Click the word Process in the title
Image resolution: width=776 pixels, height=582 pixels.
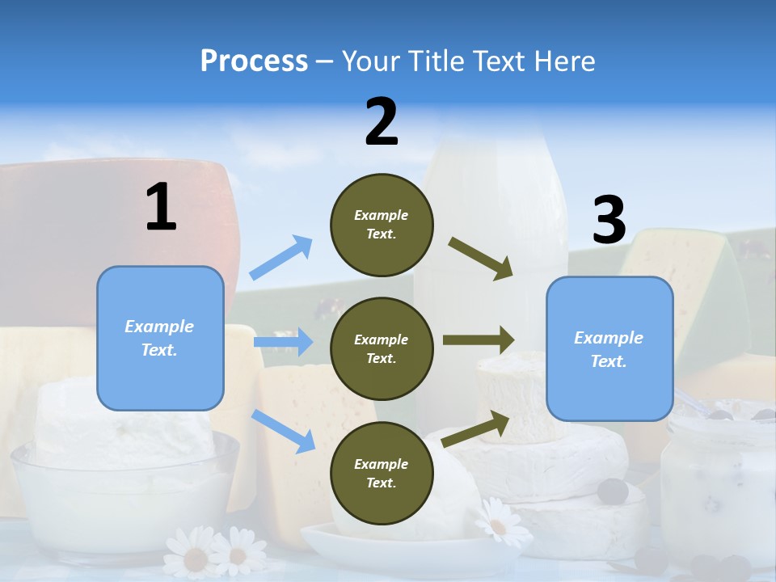tap(254, 61)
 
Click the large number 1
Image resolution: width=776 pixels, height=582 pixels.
tap(161, 207)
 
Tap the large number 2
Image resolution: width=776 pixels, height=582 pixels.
tap(382, 122)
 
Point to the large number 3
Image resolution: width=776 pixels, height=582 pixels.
tap(609, 221)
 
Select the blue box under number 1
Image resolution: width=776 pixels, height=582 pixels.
tap(160, 338)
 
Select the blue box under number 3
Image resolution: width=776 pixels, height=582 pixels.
tap(609, 349)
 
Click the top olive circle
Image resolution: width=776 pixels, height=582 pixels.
tap(382, 225)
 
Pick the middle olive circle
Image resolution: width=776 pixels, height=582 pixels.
tap(382, 348)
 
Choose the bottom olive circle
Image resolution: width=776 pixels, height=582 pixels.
tap(382, 473)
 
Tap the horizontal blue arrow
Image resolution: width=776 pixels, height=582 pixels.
tap(283, 342)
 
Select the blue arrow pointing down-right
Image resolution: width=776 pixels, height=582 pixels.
tap(284, 430)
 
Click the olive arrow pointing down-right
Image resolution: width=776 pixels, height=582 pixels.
tap(481, 259)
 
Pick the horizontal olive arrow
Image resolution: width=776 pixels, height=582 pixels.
tap(479, 340)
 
